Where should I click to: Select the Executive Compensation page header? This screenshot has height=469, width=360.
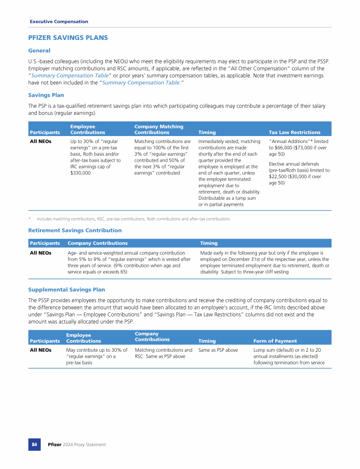click(x=59, y=22)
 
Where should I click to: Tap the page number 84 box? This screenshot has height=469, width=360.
click(x=34, y=444)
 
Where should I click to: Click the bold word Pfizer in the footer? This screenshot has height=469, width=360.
click(x=55, y=445)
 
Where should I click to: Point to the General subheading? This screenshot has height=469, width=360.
click(x=39, y=50)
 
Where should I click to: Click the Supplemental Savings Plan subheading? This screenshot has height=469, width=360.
click(x=67, y=290)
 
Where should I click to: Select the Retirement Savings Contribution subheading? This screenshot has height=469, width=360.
click(x=75, y=230)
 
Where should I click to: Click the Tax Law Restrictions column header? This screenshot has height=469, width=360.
click(x=294, y=132)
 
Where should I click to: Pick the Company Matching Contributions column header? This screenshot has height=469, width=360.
click(x=158, y=129)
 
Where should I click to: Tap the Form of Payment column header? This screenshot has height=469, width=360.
click(x=275, y=341)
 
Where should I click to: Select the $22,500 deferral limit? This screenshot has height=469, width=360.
click(x=280, y=177)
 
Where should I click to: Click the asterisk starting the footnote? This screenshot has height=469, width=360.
click(x=30, y=219)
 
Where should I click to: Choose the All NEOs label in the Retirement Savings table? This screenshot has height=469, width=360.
click(x=41, y=253)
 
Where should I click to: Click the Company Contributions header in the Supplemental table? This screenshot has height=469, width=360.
click(x=152, y=336)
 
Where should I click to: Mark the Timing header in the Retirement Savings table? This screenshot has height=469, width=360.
click(x=209, y=243)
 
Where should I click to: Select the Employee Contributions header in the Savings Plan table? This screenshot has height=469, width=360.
click(x=87, y=129)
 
